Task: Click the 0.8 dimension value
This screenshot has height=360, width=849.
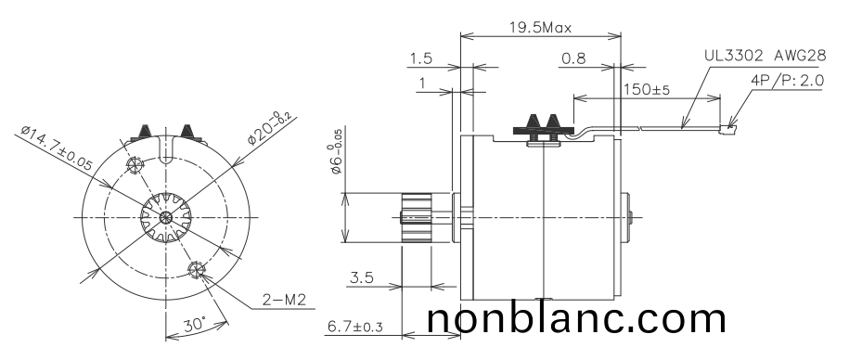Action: point(573,58)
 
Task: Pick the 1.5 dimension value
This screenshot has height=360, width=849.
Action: point(420,58)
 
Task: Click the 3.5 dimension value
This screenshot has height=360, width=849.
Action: point(363,276)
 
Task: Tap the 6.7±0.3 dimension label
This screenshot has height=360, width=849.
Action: point(367,327)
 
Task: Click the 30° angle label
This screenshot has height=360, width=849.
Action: point(194,326)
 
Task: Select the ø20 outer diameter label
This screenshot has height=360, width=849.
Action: point(269,129)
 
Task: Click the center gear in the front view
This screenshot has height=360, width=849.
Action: point(164,218)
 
